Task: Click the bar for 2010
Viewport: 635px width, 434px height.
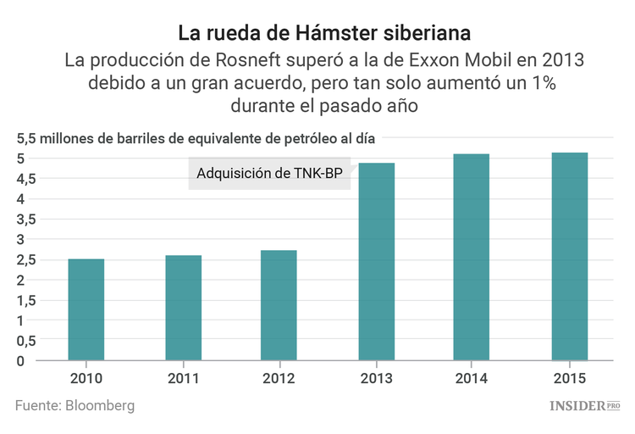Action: click(86, 309)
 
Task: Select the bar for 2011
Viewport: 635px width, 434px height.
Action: click(183, 308)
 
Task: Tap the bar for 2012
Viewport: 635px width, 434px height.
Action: click(279, 305)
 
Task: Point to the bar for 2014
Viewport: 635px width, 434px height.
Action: click(472, 257)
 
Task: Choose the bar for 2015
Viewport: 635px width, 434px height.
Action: click(569, 256)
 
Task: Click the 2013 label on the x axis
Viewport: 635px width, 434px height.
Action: click(376, 376)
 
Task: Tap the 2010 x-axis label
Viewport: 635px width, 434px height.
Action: click(86, 376)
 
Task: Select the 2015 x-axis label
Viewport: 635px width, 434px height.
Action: click(569, 376)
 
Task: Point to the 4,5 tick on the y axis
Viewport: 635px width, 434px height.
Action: click(25, 179)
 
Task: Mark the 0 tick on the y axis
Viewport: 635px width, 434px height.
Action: click(31, 361)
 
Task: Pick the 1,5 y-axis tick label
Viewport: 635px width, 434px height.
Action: click(25, 300)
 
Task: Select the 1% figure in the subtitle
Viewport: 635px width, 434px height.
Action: click(538, 84)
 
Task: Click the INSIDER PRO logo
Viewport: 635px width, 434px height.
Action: click(585, 406)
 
